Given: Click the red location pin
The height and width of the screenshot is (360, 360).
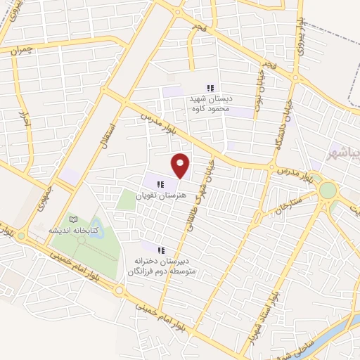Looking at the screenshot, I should click(x=181, y=165).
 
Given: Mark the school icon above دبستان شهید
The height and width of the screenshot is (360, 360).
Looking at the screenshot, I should click(x=210, y=89).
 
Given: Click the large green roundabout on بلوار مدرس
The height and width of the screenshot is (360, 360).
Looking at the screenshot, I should click(x=328, y=190).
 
